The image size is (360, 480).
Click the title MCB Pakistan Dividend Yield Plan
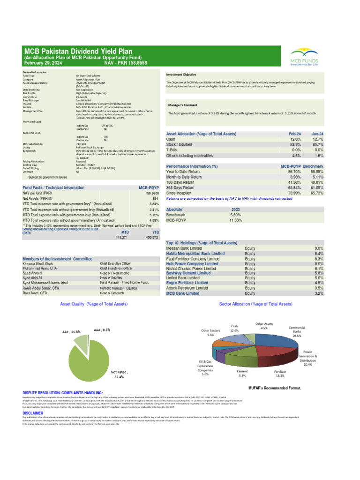pyautogui.click(x=78, y=51)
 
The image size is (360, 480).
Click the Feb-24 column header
pyautogui.click(x=295, y=134)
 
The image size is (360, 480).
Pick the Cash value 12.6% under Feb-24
pyautogui.click(x=295, y=139)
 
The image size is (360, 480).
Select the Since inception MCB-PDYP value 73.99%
pyautogui.click(x=293, y=193)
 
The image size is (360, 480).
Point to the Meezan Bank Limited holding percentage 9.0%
pyautogui.click(x=319, y=248)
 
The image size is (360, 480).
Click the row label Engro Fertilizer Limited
pyautogui.click(x=187, y=283)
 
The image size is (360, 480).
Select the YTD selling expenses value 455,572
pyautogui.click(x=151, y=238)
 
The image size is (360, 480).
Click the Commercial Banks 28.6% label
pyautogui.click(x=297, y=332)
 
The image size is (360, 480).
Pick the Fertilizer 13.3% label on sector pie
pyautogui.click(x=279, y=373)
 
